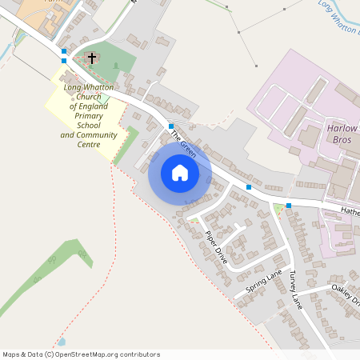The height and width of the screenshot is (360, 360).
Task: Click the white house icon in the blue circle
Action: (180, 173)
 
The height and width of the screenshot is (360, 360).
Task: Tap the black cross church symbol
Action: (91, 58)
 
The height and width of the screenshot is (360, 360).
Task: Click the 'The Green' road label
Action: (184, 147)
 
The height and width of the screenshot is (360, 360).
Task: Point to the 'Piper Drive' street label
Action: (216, 247)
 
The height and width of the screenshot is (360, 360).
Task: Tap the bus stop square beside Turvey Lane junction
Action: (289, 205)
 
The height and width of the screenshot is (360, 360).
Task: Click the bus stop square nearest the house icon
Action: (171, 126)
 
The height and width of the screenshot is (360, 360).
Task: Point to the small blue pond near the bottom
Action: (62, 341)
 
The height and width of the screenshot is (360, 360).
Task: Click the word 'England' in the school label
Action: (99, 106)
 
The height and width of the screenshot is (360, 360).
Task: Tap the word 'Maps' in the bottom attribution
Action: (12, 354)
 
